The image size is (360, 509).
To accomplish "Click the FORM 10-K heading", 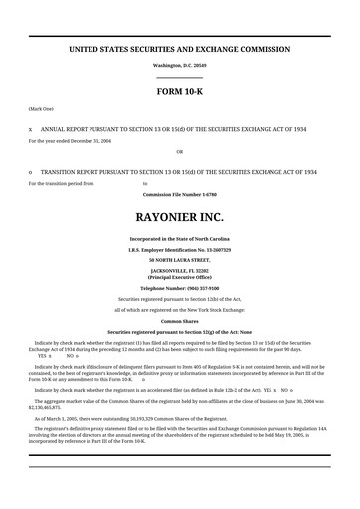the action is [179, 91].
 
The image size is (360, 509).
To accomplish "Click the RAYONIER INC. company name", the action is [179, 216].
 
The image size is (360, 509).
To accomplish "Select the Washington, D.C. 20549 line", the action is [179, 64].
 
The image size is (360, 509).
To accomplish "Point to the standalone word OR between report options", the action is [179, 151].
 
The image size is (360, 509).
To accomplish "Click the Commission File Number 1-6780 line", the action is [179, 194].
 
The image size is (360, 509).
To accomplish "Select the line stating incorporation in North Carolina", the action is [179, 239].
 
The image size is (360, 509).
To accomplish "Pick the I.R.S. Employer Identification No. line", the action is [179, 250].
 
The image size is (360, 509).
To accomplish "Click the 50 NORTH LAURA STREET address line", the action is [179, 259].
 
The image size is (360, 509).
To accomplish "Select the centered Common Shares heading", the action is [179, 321].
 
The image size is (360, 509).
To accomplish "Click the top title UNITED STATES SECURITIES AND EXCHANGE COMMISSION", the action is [179, 48].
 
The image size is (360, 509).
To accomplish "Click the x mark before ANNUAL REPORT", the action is [30, 129].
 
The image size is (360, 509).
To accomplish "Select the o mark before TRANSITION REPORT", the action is [30, 172].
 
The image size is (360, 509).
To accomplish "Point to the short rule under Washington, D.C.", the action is [179, 77].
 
